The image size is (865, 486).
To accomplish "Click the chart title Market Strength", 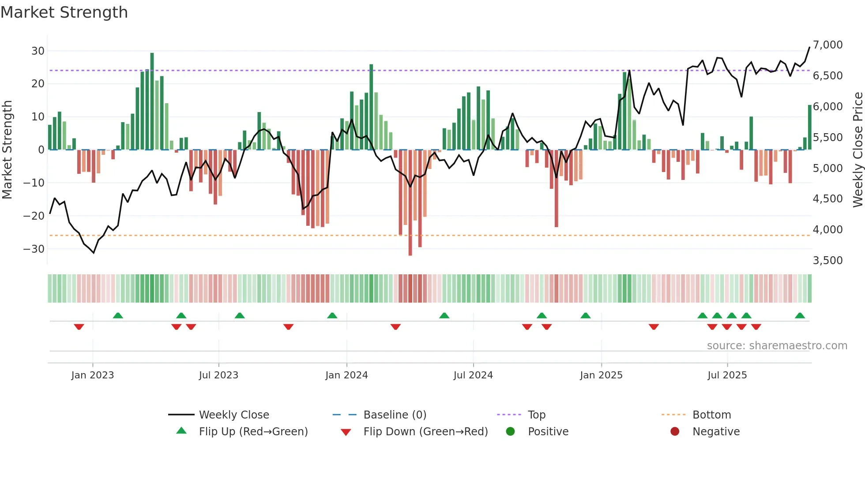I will coord(64,12).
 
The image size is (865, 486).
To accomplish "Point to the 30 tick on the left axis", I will coord(38,51).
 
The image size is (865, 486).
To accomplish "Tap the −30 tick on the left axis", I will coord(34,249).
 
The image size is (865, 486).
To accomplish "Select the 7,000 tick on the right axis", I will coord(827,45).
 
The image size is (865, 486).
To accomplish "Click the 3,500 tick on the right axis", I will coord(827,260).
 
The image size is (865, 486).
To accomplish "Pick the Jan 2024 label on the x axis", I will coord(346,375).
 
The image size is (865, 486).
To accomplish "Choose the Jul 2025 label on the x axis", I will coord(727,375).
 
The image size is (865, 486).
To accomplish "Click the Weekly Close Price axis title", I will coord(857,150).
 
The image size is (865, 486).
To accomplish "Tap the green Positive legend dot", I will coord(511,431).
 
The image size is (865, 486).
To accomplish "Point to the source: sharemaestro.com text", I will coord(777,345).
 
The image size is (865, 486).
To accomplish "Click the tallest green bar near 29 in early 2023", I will coord(152,101).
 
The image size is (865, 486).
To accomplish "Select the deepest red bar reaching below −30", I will coord(410,203).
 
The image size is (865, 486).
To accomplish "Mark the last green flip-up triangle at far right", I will coord(800,315).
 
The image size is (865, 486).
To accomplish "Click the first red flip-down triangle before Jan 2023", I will coord(79,327).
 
